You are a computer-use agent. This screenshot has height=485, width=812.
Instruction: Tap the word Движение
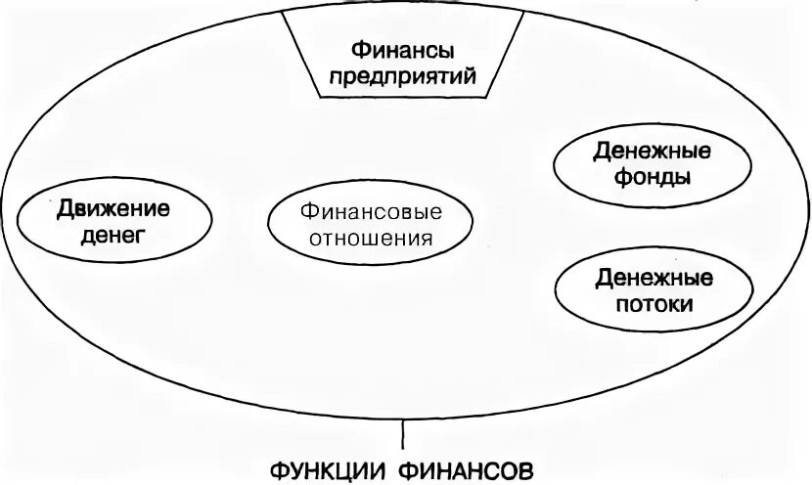113,207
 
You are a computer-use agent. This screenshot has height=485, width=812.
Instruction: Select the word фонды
652,178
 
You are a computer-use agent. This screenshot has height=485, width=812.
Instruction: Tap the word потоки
655,303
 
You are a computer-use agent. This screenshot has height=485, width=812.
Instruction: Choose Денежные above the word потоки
655,277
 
